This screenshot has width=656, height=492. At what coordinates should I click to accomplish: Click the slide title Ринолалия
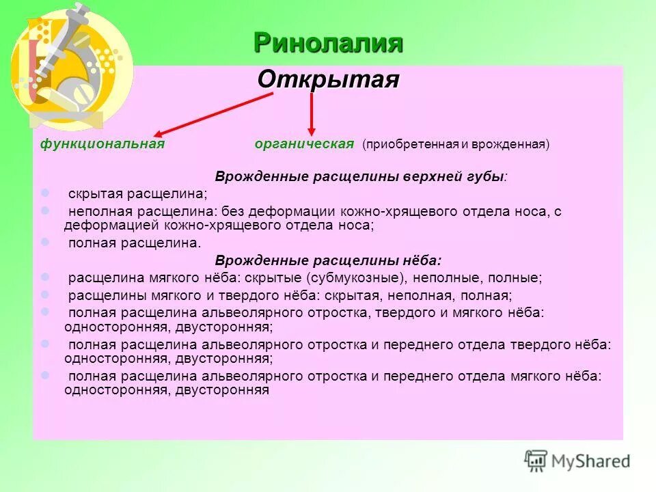(x=328, y=43)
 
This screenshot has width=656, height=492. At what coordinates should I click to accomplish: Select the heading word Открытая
(x=328, y=79)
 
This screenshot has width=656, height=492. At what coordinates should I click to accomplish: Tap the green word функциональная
(x=102, y=143)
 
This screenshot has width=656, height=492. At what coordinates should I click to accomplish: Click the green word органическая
(x=304, y=143)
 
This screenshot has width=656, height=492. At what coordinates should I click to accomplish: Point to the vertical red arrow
(x=312, y=113)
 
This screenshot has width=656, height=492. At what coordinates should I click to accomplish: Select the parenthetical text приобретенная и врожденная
(x=456, y=144)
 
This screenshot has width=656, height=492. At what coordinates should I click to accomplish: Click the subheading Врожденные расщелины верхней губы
(x=361, y=176)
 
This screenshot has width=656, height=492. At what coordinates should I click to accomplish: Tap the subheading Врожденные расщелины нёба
(x=328, y=260)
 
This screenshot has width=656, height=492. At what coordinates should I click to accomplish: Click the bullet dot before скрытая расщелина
(x=45, y=193)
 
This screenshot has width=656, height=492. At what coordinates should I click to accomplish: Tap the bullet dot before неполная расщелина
(x=45, y=210)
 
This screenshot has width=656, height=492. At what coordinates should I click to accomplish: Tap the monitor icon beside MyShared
(x=536, y=460)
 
